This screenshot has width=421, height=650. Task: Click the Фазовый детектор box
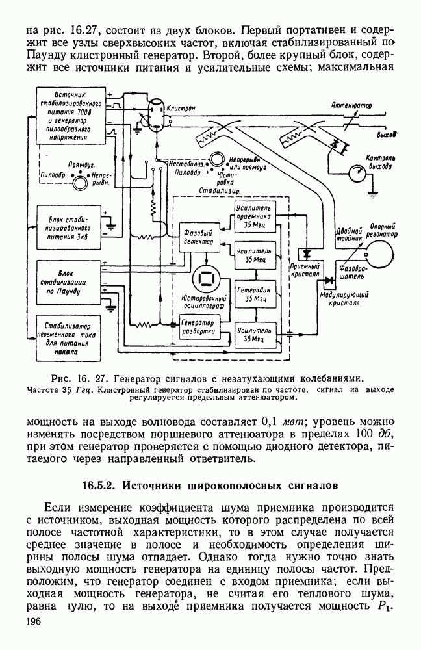pyautogui.click(x=195, y=237)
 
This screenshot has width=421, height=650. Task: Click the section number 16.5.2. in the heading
pyautogui.click(x=99, y=485)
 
